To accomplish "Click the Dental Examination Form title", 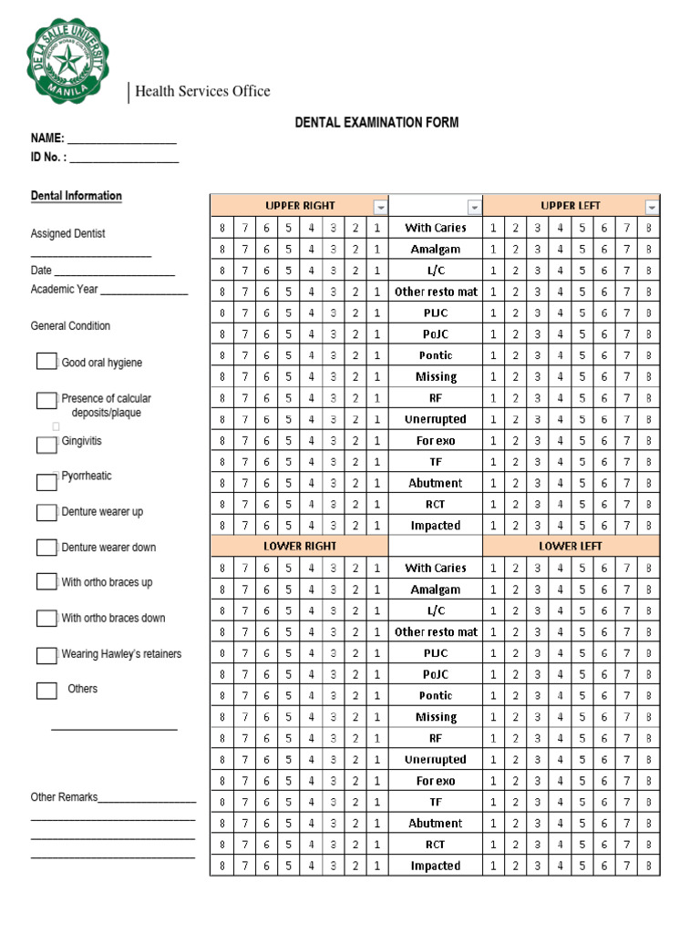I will pyautogui.click(x=376, y=122).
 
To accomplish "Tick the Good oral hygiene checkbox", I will pyautogui.click(x=46, y=362).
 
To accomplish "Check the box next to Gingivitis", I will pyautogui.click(x=46, y=445).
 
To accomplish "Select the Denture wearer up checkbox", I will pyautogui.click(x=46, y=512).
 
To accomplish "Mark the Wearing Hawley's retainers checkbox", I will pyautogui.click(x=46, y=655).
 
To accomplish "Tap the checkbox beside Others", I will pyautogui.click(x=46, y=690).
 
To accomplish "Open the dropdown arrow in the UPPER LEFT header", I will pyautogui.click(x=651, y=207).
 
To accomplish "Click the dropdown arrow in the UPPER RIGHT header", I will pyautogui.click(x=380, y=207).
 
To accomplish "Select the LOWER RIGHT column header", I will pyautogui.click(x=300, y=546).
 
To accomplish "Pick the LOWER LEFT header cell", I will pyautogui.click(x=571, y=546).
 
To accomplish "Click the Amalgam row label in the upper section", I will pyautogui.click(x=436, y=249).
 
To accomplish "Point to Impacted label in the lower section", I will pyautogui.click(x=436, y=866).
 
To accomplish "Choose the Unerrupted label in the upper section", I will pyautogui.click(x=436, y=419).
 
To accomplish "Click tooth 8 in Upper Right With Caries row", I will pyautogui.click(x=221, y=228).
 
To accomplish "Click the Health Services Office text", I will pyautogui.click(x=202, y=91).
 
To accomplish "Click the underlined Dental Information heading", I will pyautogui.click(x=77, y=196).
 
